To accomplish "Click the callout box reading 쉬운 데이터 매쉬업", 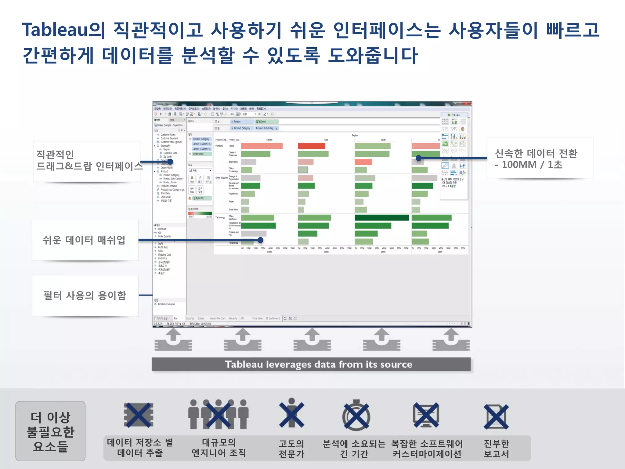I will (x=85, y=240).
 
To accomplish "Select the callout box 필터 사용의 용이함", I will (x=85, y=296).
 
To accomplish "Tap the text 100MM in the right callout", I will (x=519, y=165).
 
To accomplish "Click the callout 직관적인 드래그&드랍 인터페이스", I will (x=87, y=161).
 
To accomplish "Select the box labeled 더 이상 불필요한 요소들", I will (x=50, y=431).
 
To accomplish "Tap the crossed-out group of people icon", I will (x=218, y=415).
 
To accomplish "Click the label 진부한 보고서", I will (x=496, y=449).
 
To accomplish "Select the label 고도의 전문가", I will (x=291, y=449).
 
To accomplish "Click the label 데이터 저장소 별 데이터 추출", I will (x=140, y=448).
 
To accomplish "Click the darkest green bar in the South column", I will (x=381, y=218).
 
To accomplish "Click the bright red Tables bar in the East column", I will (x=311, y=146).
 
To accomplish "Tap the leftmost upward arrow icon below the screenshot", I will (x=173, y=340).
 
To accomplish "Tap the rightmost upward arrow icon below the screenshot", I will (x=451, y=340).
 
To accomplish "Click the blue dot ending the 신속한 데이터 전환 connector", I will (x=419, y=158).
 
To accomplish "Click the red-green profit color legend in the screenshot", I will (x=200, y=213).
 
